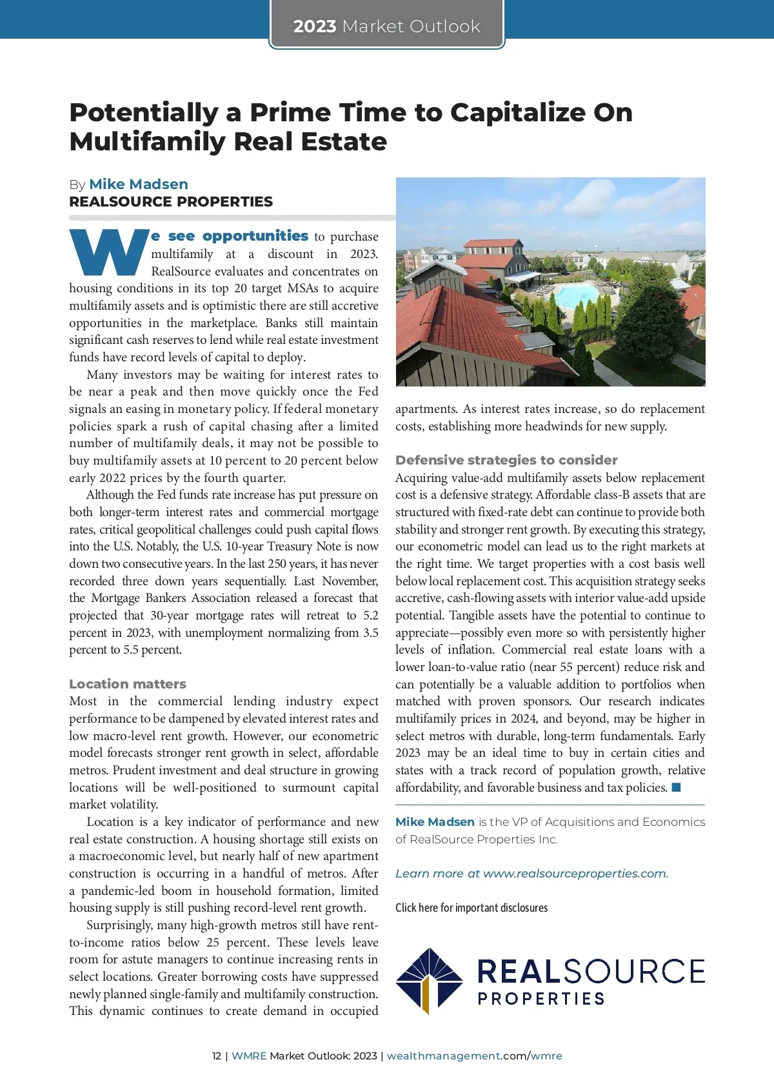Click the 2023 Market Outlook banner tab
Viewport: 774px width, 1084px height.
coord(386,26)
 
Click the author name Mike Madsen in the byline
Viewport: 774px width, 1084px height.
coord(139,185)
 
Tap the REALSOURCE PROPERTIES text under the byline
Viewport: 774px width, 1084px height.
coord(171,202)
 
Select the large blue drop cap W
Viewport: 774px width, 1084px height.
coord(108,252)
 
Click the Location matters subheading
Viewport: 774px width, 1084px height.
coord(128,684)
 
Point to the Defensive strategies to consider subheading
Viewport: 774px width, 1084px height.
coord(506,460)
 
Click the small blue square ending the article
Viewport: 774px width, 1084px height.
coord(676,787)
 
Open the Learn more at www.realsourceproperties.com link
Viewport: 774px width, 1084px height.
coord(531,874)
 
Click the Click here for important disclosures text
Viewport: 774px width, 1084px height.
coord(471,908)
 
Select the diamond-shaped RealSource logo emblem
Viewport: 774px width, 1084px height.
coord(428,981)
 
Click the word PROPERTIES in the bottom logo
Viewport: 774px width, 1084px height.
coord(541,999)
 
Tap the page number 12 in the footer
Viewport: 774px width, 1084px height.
coord(217,1056)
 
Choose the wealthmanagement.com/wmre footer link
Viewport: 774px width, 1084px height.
coord(474,1056)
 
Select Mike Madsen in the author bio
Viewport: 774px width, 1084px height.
coord(435,822)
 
